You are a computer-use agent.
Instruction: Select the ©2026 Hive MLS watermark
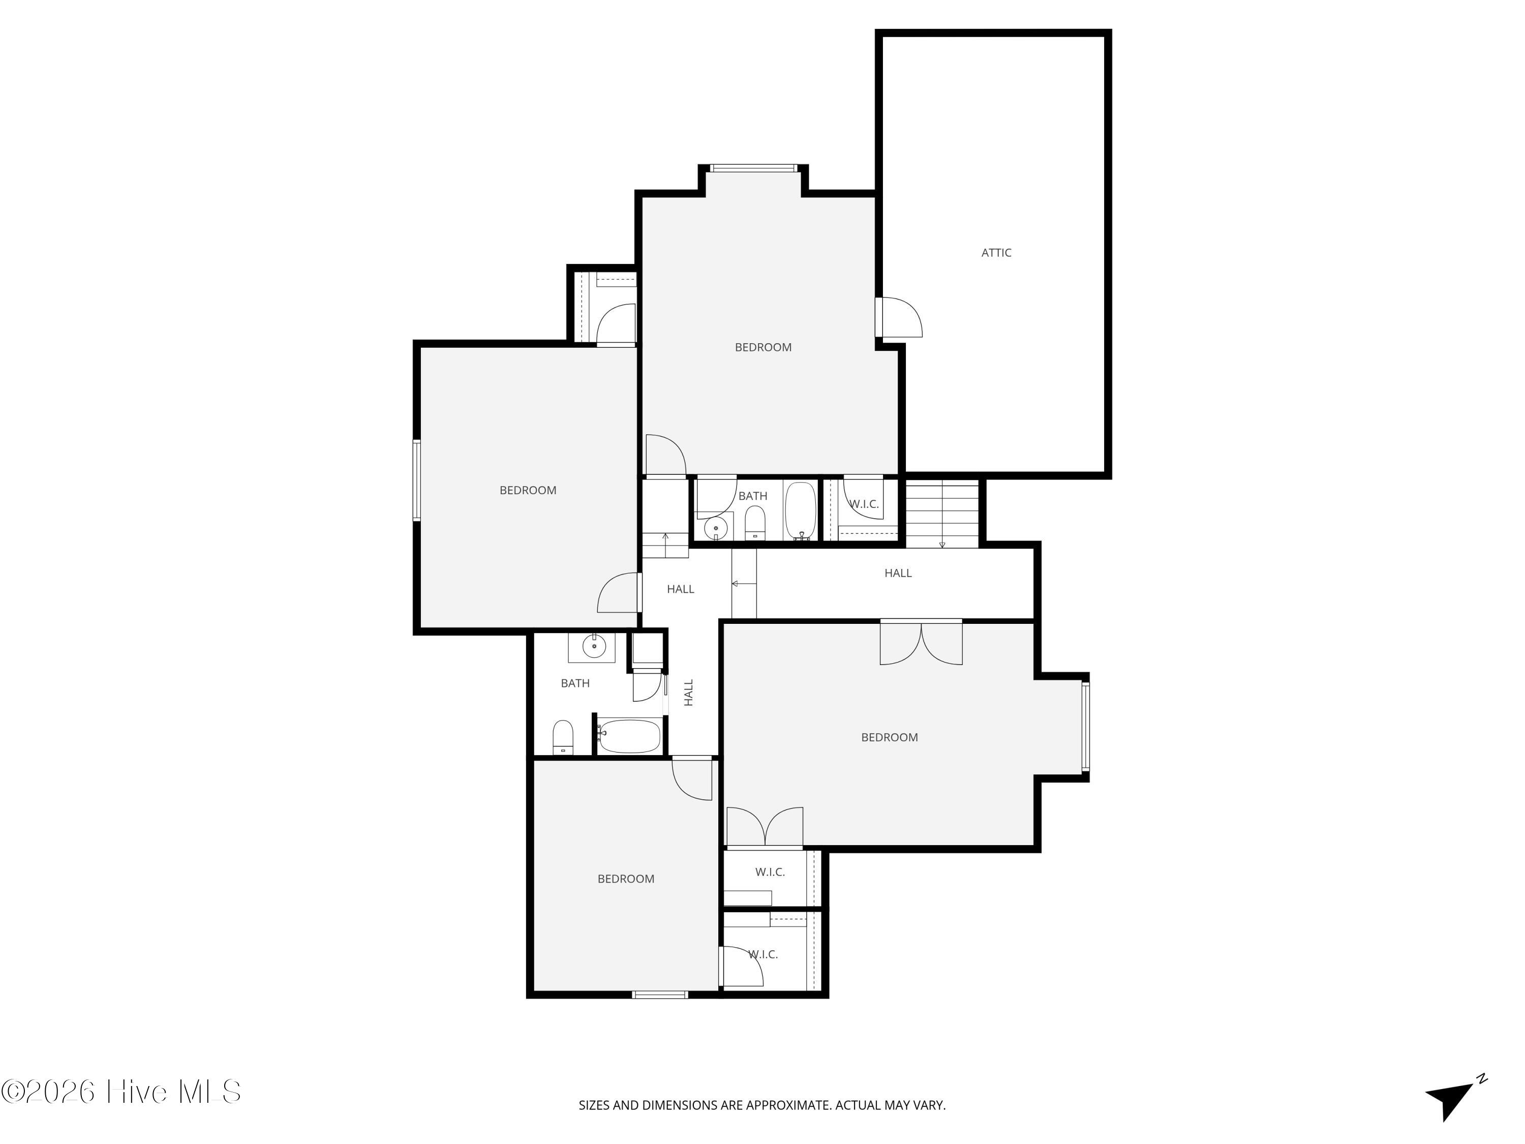coord(121,1092)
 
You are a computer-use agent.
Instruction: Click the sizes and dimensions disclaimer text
coord(762,1105)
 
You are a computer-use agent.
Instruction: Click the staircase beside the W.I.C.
coord(942,514)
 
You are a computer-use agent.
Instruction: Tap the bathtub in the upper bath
coord(801,511)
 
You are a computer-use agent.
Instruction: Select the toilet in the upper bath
coord(755,523)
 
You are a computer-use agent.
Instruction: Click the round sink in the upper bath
coord(716,529)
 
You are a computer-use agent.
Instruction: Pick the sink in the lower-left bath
coord(594,647)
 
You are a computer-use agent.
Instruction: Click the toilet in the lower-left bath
coord(563,737)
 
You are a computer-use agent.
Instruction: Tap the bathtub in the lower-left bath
coord(629,736)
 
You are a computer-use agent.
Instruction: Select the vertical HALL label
coord(689,693)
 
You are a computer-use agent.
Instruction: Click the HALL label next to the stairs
coord(898,573)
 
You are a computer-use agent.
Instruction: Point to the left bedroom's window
coord(416,480)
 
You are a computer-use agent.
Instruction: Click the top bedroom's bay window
coord(753,168)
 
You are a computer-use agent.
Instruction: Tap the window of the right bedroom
coord(1085,726)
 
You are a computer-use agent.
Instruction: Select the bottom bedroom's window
coord(660,995)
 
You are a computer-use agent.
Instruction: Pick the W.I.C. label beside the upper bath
coord(864,504)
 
